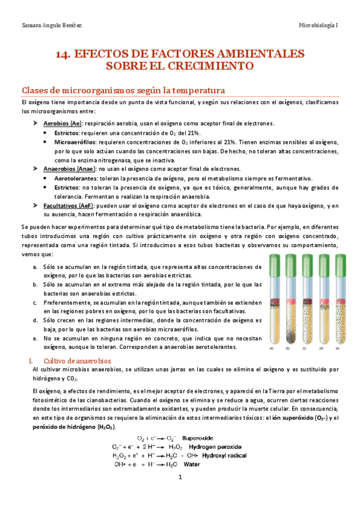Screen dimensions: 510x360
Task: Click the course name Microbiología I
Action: (319, 25)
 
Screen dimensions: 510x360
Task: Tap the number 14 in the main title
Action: (63, 54)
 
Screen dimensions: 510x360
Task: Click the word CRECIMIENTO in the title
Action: (210, 65)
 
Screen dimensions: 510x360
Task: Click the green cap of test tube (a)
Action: (275, 262)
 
